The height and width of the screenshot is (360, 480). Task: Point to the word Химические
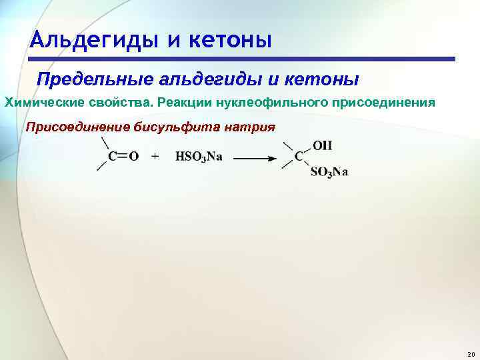(43, 103)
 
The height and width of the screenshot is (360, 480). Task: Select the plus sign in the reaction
(155, 157)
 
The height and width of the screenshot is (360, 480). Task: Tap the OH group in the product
(322, 145)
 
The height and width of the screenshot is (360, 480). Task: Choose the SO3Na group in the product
(329, 172)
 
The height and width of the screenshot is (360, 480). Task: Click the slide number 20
(470, 353)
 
